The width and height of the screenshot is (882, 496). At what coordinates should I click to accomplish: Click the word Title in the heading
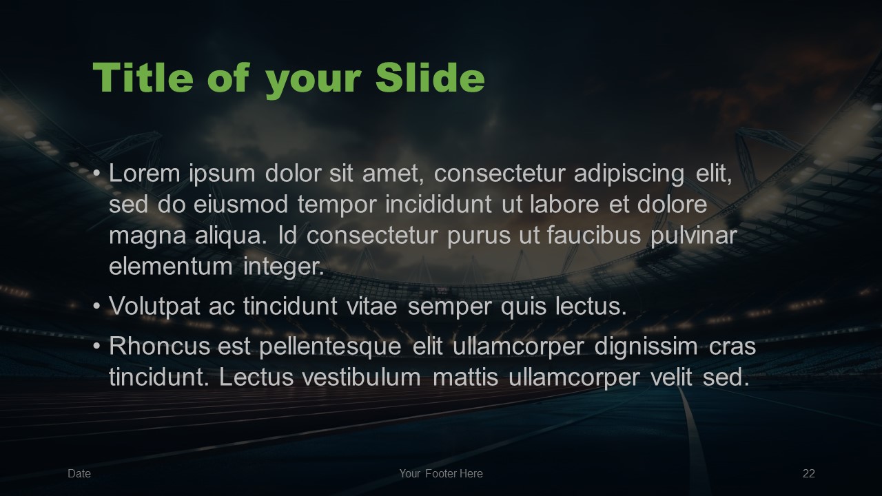[x=143, y=77]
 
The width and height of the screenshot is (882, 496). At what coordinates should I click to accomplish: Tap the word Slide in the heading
[x=430, y=77]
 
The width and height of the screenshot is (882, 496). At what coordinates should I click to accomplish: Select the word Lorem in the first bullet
[x=144, y=173]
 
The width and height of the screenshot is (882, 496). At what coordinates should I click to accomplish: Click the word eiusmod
[x=240, y=205]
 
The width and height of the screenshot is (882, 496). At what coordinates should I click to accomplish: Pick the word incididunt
[x=438, y=205]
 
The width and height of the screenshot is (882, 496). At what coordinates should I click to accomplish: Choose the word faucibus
[x=594, y=236]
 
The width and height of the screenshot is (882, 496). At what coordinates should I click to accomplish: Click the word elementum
[x=171, y=267]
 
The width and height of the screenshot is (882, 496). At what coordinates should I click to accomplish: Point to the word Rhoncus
[x=159, y=347]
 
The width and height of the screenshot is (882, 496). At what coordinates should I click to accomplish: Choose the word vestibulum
[x=362, y=378]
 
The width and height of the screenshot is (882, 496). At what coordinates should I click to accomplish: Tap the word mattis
[x=465, y=378]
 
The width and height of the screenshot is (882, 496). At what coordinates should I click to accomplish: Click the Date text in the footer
[x=79, y=473]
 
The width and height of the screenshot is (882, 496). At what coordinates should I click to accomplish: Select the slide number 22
[x=809, y=473]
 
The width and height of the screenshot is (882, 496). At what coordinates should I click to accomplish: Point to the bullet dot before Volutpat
[x=97, y=307]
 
